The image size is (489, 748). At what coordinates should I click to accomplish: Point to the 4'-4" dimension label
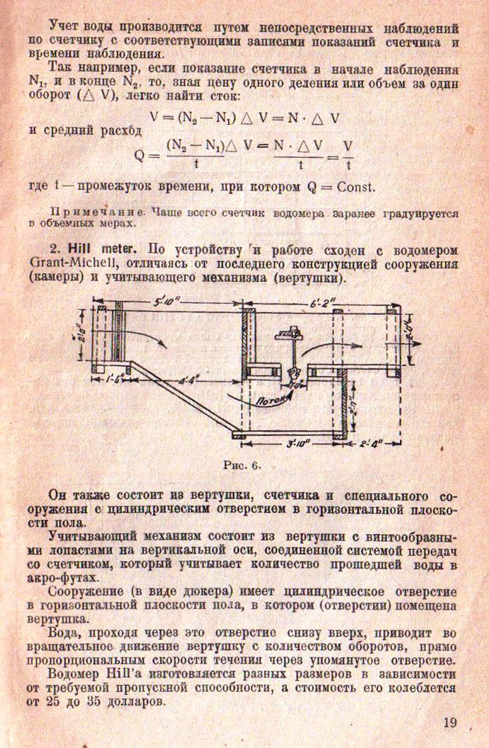(189, 380)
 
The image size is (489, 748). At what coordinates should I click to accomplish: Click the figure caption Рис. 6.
(242, 464)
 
